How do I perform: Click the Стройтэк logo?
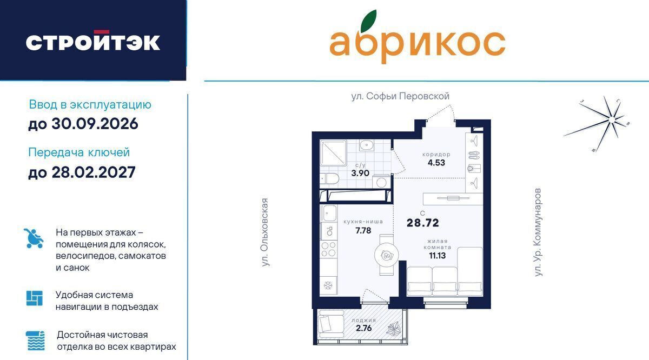coord(92,41)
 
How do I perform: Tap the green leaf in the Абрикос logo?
coord(368,21)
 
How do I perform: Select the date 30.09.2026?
coord(95,124)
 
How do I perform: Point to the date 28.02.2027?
coord(93,172)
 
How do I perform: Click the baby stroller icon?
coord(34,238)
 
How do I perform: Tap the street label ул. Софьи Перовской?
coord(400,96)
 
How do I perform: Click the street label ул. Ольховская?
coord(264,232)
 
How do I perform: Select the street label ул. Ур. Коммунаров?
coord(538,232)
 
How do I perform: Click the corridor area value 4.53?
coord(436,163)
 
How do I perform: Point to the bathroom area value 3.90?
coord(360,173)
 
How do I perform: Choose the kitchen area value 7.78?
coord(363,230)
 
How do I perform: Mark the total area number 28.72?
coord(423,223)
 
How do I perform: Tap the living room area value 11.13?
coord(437,256)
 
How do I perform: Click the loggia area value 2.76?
coord(363,328)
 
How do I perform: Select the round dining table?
coord(386,255)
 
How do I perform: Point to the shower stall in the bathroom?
coord(333,152)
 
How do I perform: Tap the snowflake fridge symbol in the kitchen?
coord(328,285)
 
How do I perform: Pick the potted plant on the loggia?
coord(394,329)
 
